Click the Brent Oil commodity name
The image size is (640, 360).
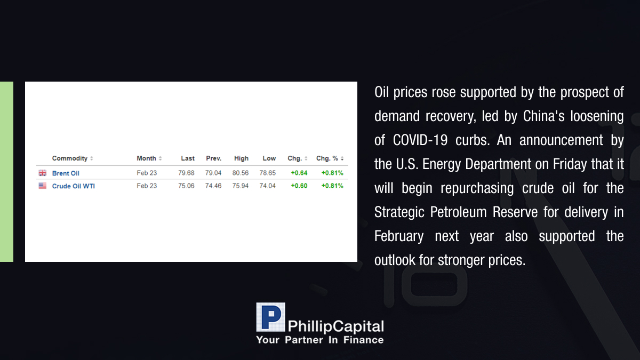point(66,173)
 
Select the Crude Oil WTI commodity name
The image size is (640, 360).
point(74,186)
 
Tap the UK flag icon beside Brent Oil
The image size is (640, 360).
point(43,173)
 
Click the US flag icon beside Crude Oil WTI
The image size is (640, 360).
point(43,186)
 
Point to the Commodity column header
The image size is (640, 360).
point(70,158)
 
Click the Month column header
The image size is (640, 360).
point(146,158)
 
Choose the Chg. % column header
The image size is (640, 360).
point(327,158)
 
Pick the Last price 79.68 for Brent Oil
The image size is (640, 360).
point(186,173)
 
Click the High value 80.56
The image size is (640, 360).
point(241,173)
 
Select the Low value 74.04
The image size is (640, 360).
point(267,186)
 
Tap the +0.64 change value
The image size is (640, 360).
point(299,173)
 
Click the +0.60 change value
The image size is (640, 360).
point(299,186)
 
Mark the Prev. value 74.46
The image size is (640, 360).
point(213,186)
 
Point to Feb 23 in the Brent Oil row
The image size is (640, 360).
point(147,173)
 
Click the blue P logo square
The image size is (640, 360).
point(270,317)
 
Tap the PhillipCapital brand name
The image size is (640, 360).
point(335,326)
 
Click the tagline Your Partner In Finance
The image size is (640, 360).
point(319,340)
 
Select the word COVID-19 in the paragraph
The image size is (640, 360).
point(420,140)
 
